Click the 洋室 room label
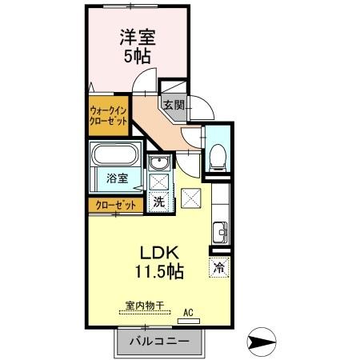[x=138, y=38]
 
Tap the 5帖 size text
[x=138, y=58]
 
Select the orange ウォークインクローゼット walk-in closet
[x=108, y=116]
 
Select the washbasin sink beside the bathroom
[x=158, y=165]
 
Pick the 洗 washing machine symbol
[x=158, y=202]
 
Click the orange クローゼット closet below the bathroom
[x=115, y=204]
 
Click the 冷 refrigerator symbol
[x=218, y=268]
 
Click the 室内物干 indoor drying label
[x=144, y=306]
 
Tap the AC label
[x=190, y=313]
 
